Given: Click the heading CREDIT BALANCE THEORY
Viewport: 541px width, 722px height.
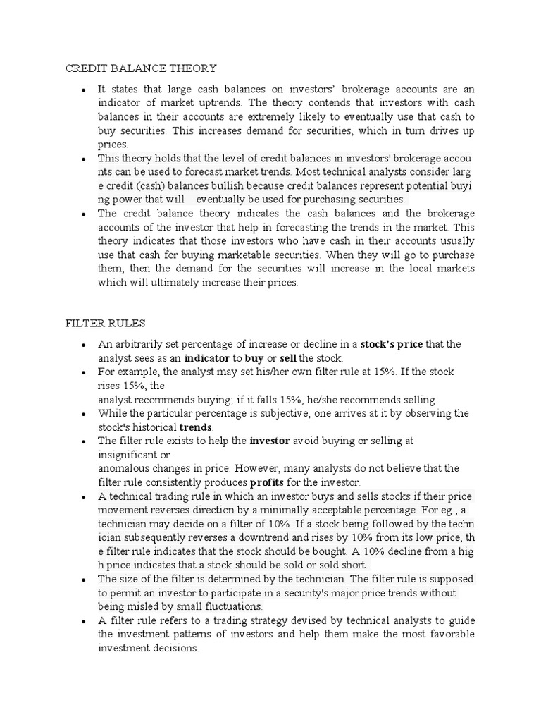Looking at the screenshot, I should [141, 68].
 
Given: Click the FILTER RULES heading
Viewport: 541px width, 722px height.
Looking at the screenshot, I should [105, 323].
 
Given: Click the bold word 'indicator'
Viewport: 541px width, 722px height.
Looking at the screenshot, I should [207, 358].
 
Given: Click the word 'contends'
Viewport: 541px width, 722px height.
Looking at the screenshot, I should [341, 103].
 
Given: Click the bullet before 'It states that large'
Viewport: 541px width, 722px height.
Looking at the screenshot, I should [82, 90].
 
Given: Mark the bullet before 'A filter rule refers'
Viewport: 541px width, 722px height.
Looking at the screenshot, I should [82, 621].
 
